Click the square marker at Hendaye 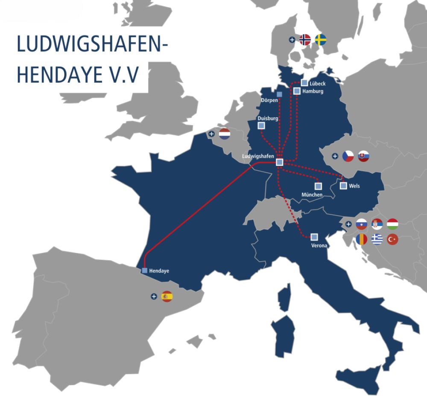(145, 270)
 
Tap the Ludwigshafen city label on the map (258, 156)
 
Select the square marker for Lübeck (304, 83)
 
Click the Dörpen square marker (280, 94)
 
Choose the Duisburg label (268, 118)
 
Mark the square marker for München (318, 186)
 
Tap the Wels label (354, 186)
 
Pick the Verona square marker (314, 237)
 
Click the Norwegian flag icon (305, 40)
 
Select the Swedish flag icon (321, 40)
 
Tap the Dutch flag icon (225, 134)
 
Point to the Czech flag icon (348, 156)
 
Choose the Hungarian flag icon (392, 224)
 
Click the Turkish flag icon (392, 239)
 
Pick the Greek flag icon (377, 239)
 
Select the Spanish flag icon (167, 296)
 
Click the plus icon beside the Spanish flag (154, 296)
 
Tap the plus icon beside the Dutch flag (212, 134)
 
